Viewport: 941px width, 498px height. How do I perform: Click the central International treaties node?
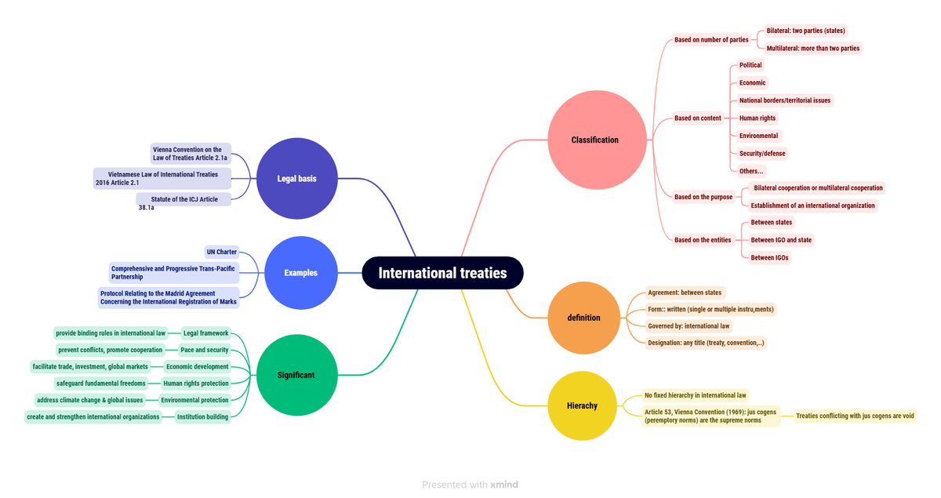coord(442,273)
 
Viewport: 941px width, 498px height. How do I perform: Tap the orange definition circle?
coord(583,318)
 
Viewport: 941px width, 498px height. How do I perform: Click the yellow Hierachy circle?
coord(582,405)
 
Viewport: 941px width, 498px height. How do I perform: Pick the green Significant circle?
coord(296,375)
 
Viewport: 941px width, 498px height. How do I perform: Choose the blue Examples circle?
coord(301,273)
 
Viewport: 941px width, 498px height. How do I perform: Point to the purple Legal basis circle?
coord(296,179)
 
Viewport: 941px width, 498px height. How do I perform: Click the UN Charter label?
coord(222,252)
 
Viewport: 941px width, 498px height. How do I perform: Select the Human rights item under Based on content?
coord(758,118)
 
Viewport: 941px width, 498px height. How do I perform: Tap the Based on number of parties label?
coord(711,39)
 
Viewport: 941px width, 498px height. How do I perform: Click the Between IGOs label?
coord(770,257)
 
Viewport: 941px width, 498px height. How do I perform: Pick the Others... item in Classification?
coord(750,171)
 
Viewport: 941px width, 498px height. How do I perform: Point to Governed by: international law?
coord(688,326)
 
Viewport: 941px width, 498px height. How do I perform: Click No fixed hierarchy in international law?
coord(696,395)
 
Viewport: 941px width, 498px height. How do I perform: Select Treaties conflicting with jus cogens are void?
coord(855,416)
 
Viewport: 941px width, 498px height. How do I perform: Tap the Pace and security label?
coord(205,350)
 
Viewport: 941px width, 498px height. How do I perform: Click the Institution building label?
coord(202,416)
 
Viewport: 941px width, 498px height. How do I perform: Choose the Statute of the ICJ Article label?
coord(184,199)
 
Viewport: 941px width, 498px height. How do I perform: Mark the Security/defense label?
coord(762,154)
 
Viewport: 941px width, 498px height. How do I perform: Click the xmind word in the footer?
coord(504,485)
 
